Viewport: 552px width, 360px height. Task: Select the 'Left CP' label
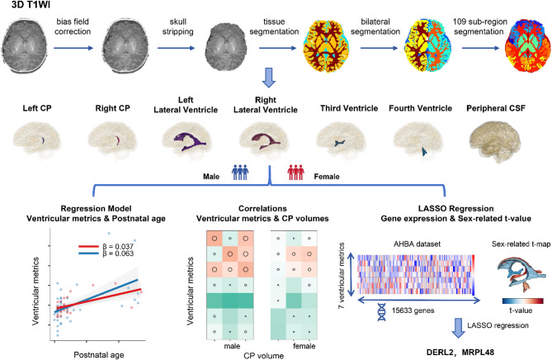pyautogui.click(x=35, y=108)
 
